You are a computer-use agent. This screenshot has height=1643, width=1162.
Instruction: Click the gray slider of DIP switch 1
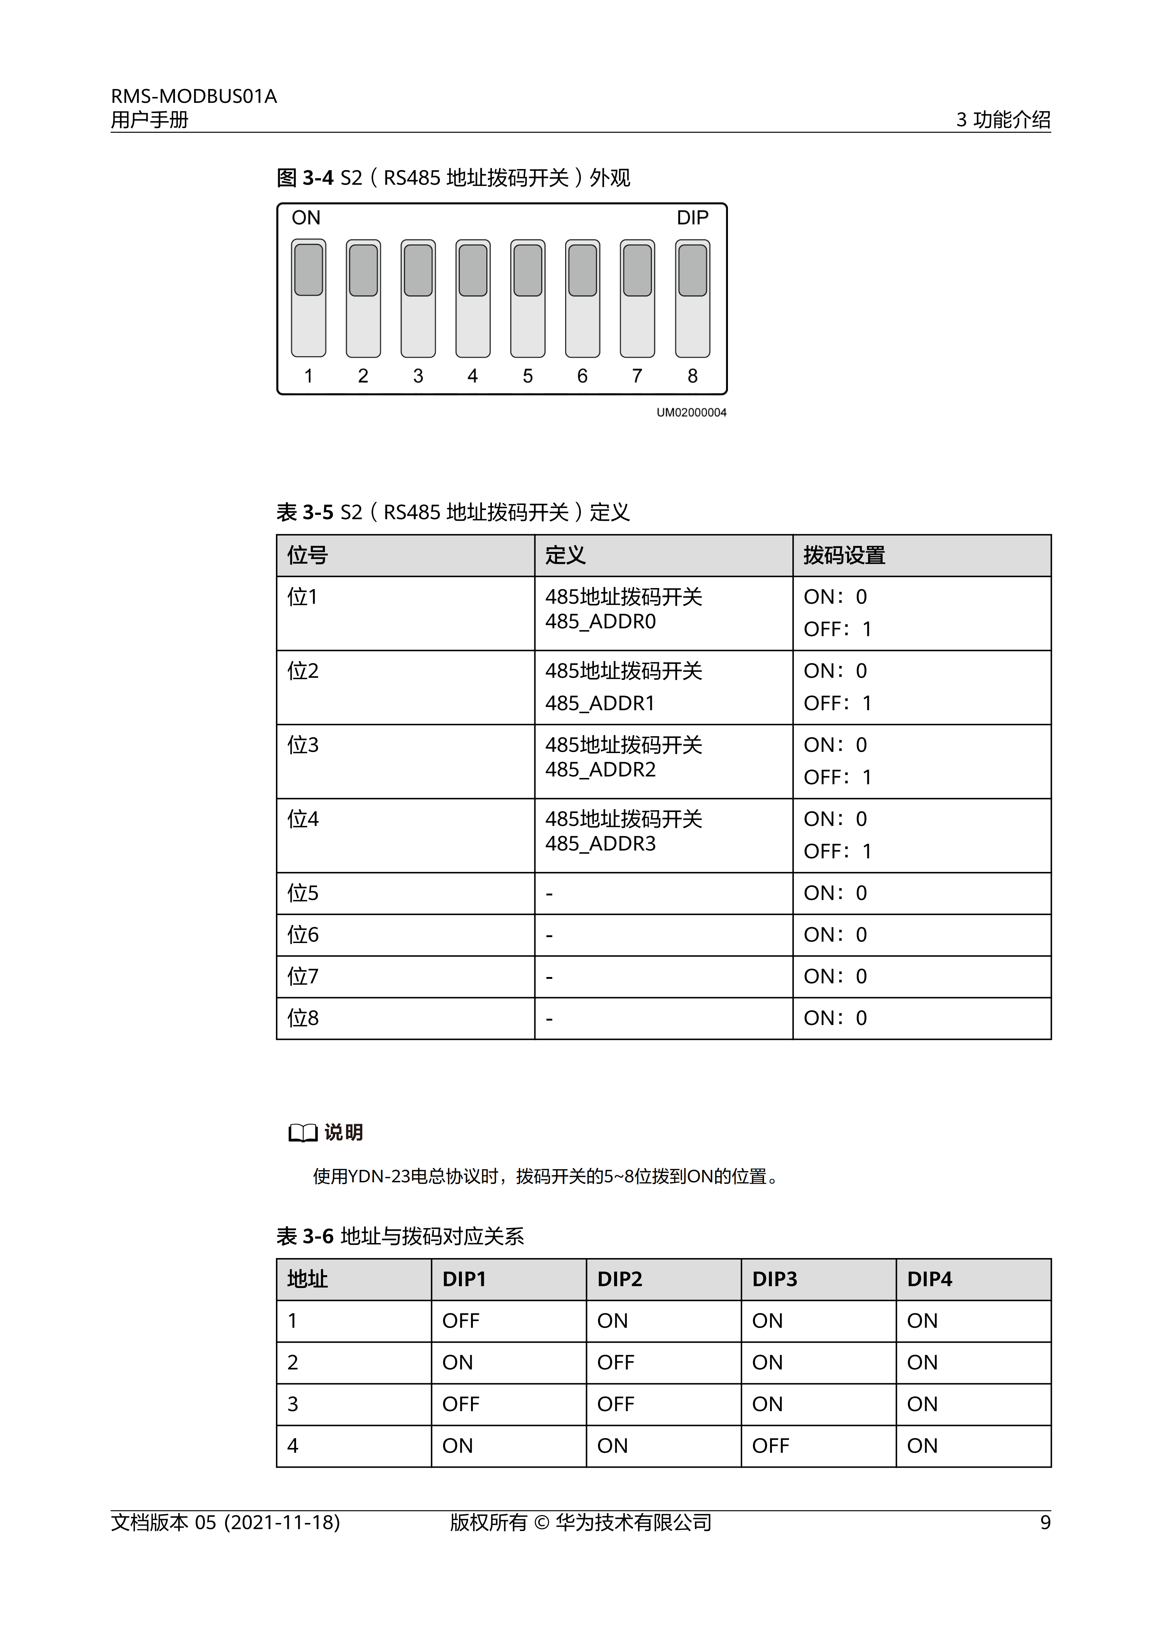[x=309, y=270]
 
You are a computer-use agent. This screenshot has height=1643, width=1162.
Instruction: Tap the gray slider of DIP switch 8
[x=692, y=270]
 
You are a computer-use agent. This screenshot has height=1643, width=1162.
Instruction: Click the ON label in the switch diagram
[x=306, y=217]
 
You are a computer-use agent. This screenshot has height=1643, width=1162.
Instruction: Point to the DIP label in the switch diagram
[x=692, y=217]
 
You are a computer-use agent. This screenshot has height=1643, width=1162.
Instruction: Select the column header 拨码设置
[x=844, y=555]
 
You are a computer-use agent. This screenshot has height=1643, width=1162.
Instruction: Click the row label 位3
[x=303, y=745]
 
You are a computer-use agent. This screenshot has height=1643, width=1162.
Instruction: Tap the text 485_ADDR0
[x=600, y=621]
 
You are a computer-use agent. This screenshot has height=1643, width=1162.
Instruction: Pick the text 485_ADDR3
[x=600, y=844]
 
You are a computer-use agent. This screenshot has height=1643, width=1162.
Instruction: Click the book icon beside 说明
[x=303, y=1133]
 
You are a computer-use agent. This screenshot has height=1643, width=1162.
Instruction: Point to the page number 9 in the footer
[x=1045, y=1523]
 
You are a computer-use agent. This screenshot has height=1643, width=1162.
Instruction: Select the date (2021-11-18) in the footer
[x=282, y=1523]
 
